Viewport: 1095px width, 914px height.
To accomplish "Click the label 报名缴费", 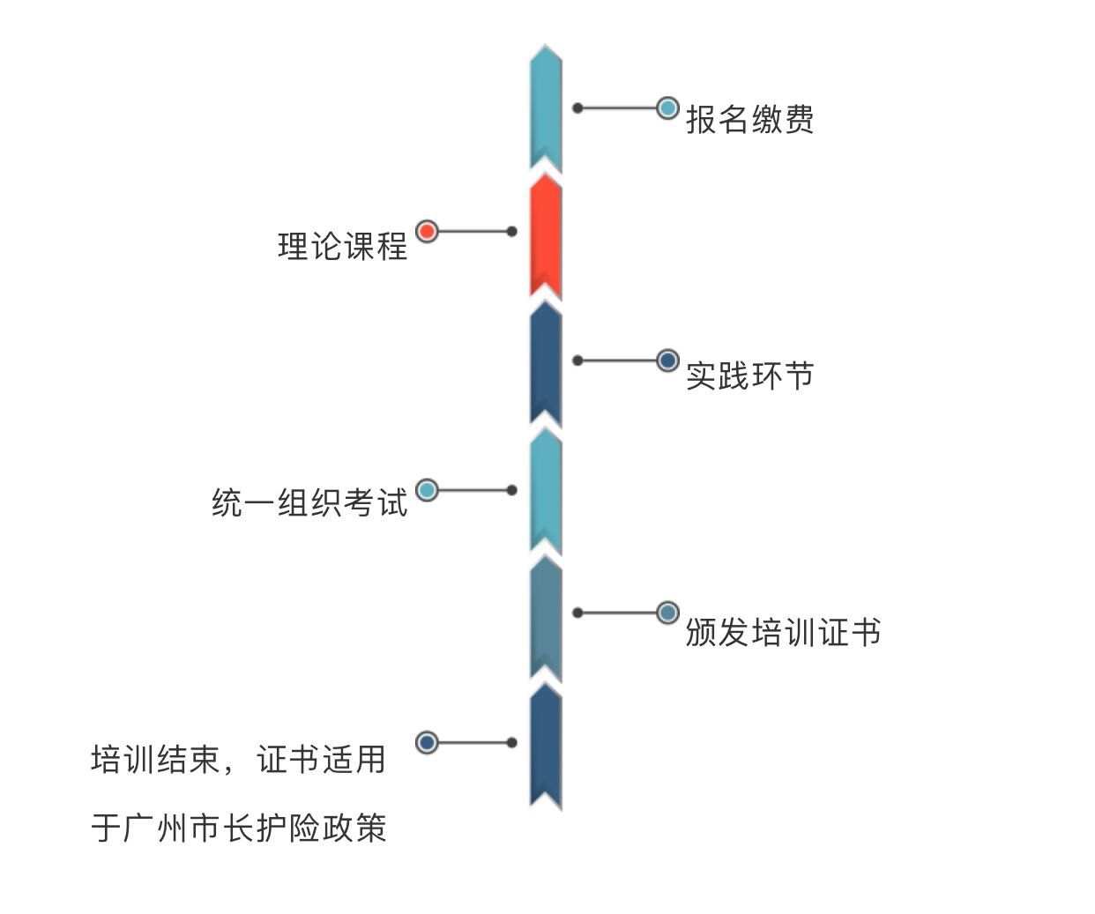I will tap(749, 119).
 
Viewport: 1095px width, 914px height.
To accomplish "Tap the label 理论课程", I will tap(343, 246).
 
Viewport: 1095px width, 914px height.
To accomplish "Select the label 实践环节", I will tap(749, 375).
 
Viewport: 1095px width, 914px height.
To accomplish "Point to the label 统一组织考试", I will tap(309, 502).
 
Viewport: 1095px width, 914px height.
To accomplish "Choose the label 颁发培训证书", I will tap(783, 632).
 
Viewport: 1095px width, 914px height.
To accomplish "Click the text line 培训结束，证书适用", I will tap(238, 759).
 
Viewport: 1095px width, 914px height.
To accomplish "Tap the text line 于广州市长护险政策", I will tap(238, 828).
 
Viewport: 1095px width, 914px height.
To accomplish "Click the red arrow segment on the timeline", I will tap(546, 235).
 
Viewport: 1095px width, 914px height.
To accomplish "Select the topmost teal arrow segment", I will tap(546, 108).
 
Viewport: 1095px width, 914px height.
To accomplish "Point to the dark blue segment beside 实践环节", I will tap(546, 363).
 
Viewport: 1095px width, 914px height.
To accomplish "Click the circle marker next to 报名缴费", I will tap(667, 108).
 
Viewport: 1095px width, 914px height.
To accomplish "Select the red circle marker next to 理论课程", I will tap(427, 232).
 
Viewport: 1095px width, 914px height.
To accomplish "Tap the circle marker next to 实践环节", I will tap(667, 360).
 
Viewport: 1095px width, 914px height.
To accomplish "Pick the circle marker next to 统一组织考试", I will tap(427, 490).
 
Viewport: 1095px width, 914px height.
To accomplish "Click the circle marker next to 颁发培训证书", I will tap(667, 613).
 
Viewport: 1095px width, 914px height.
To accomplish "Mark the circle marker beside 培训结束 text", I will tap(427, 742).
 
